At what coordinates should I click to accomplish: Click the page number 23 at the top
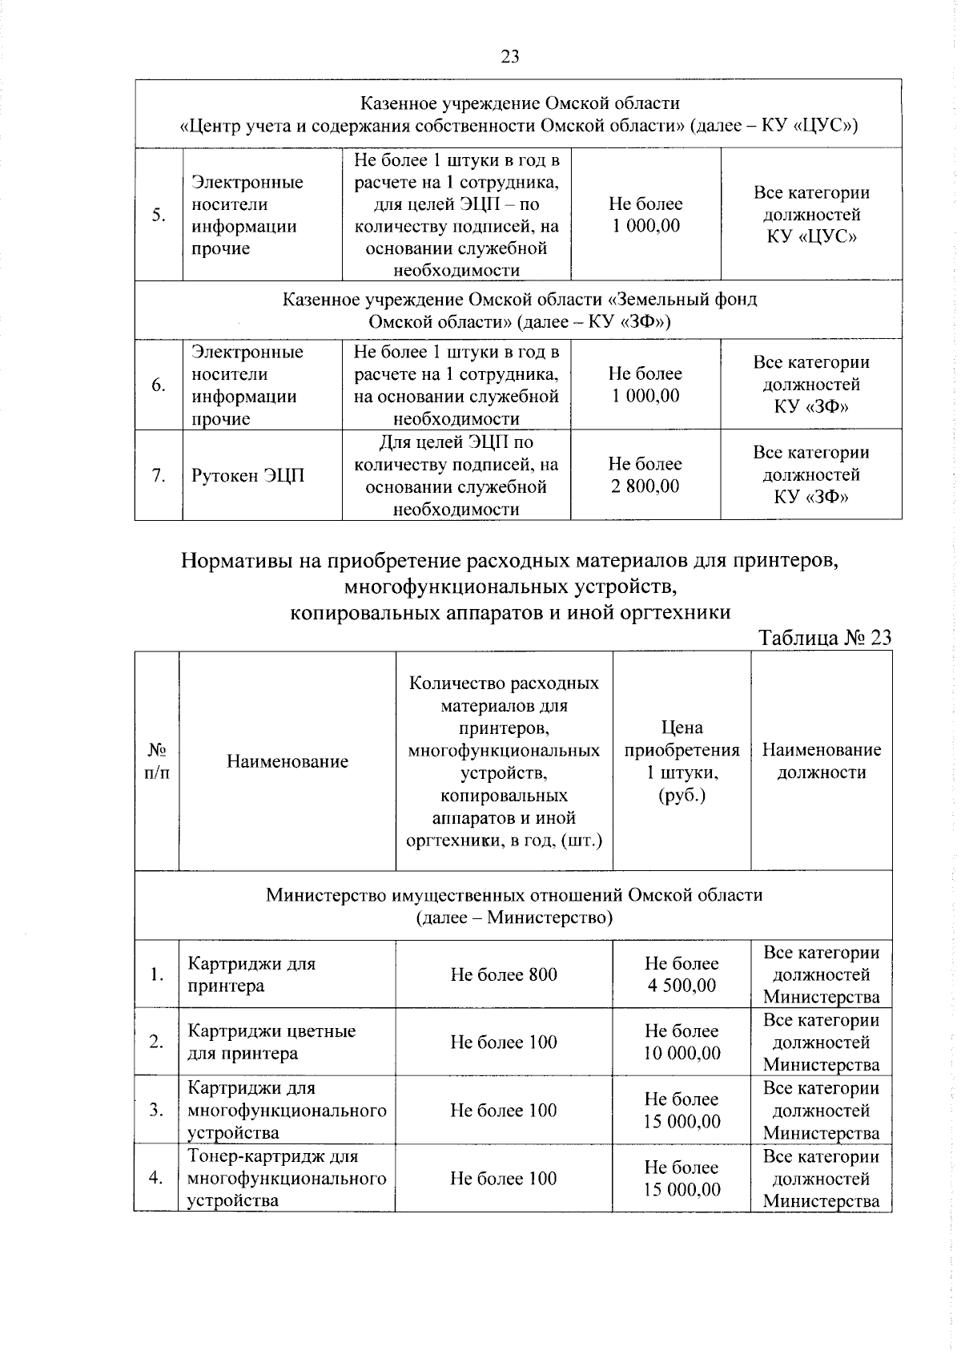510,56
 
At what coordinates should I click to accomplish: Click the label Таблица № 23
824,638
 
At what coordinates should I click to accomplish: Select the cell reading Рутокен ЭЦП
248,476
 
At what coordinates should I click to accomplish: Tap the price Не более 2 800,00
645,475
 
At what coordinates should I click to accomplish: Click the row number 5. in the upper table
159,215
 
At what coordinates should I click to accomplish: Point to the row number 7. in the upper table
159,476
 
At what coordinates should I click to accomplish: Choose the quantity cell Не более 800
504,974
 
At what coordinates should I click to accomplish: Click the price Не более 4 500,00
682,974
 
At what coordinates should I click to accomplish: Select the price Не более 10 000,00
682,1042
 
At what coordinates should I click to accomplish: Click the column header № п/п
157,761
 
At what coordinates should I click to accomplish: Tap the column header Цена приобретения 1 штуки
682,761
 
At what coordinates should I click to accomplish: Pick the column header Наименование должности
821,761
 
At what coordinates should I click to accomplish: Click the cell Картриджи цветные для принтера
271,1042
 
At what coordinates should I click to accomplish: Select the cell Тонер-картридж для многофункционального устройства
286,1178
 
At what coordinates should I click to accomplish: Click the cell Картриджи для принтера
251,974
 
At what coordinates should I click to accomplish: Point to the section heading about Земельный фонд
519,310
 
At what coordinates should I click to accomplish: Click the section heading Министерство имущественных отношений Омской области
513,905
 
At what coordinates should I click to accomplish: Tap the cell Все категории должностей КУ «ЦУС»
810,215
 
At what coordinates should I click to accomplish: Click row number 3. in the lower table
156,1110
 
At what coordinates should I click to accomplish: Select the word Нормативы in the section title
235,560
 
